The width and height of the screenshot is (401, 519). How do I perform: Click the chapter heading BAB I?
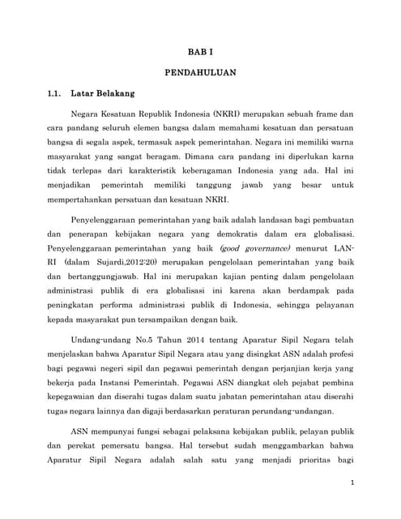pyautogui.click(x=200, y=51)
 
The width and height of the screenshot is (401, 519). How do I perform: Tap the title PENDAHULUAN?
pyautogui.click(x=200, y=71)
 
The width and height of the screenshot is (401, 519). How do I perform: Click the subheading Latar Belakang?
pyautogui.click(x=103, y=92)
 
